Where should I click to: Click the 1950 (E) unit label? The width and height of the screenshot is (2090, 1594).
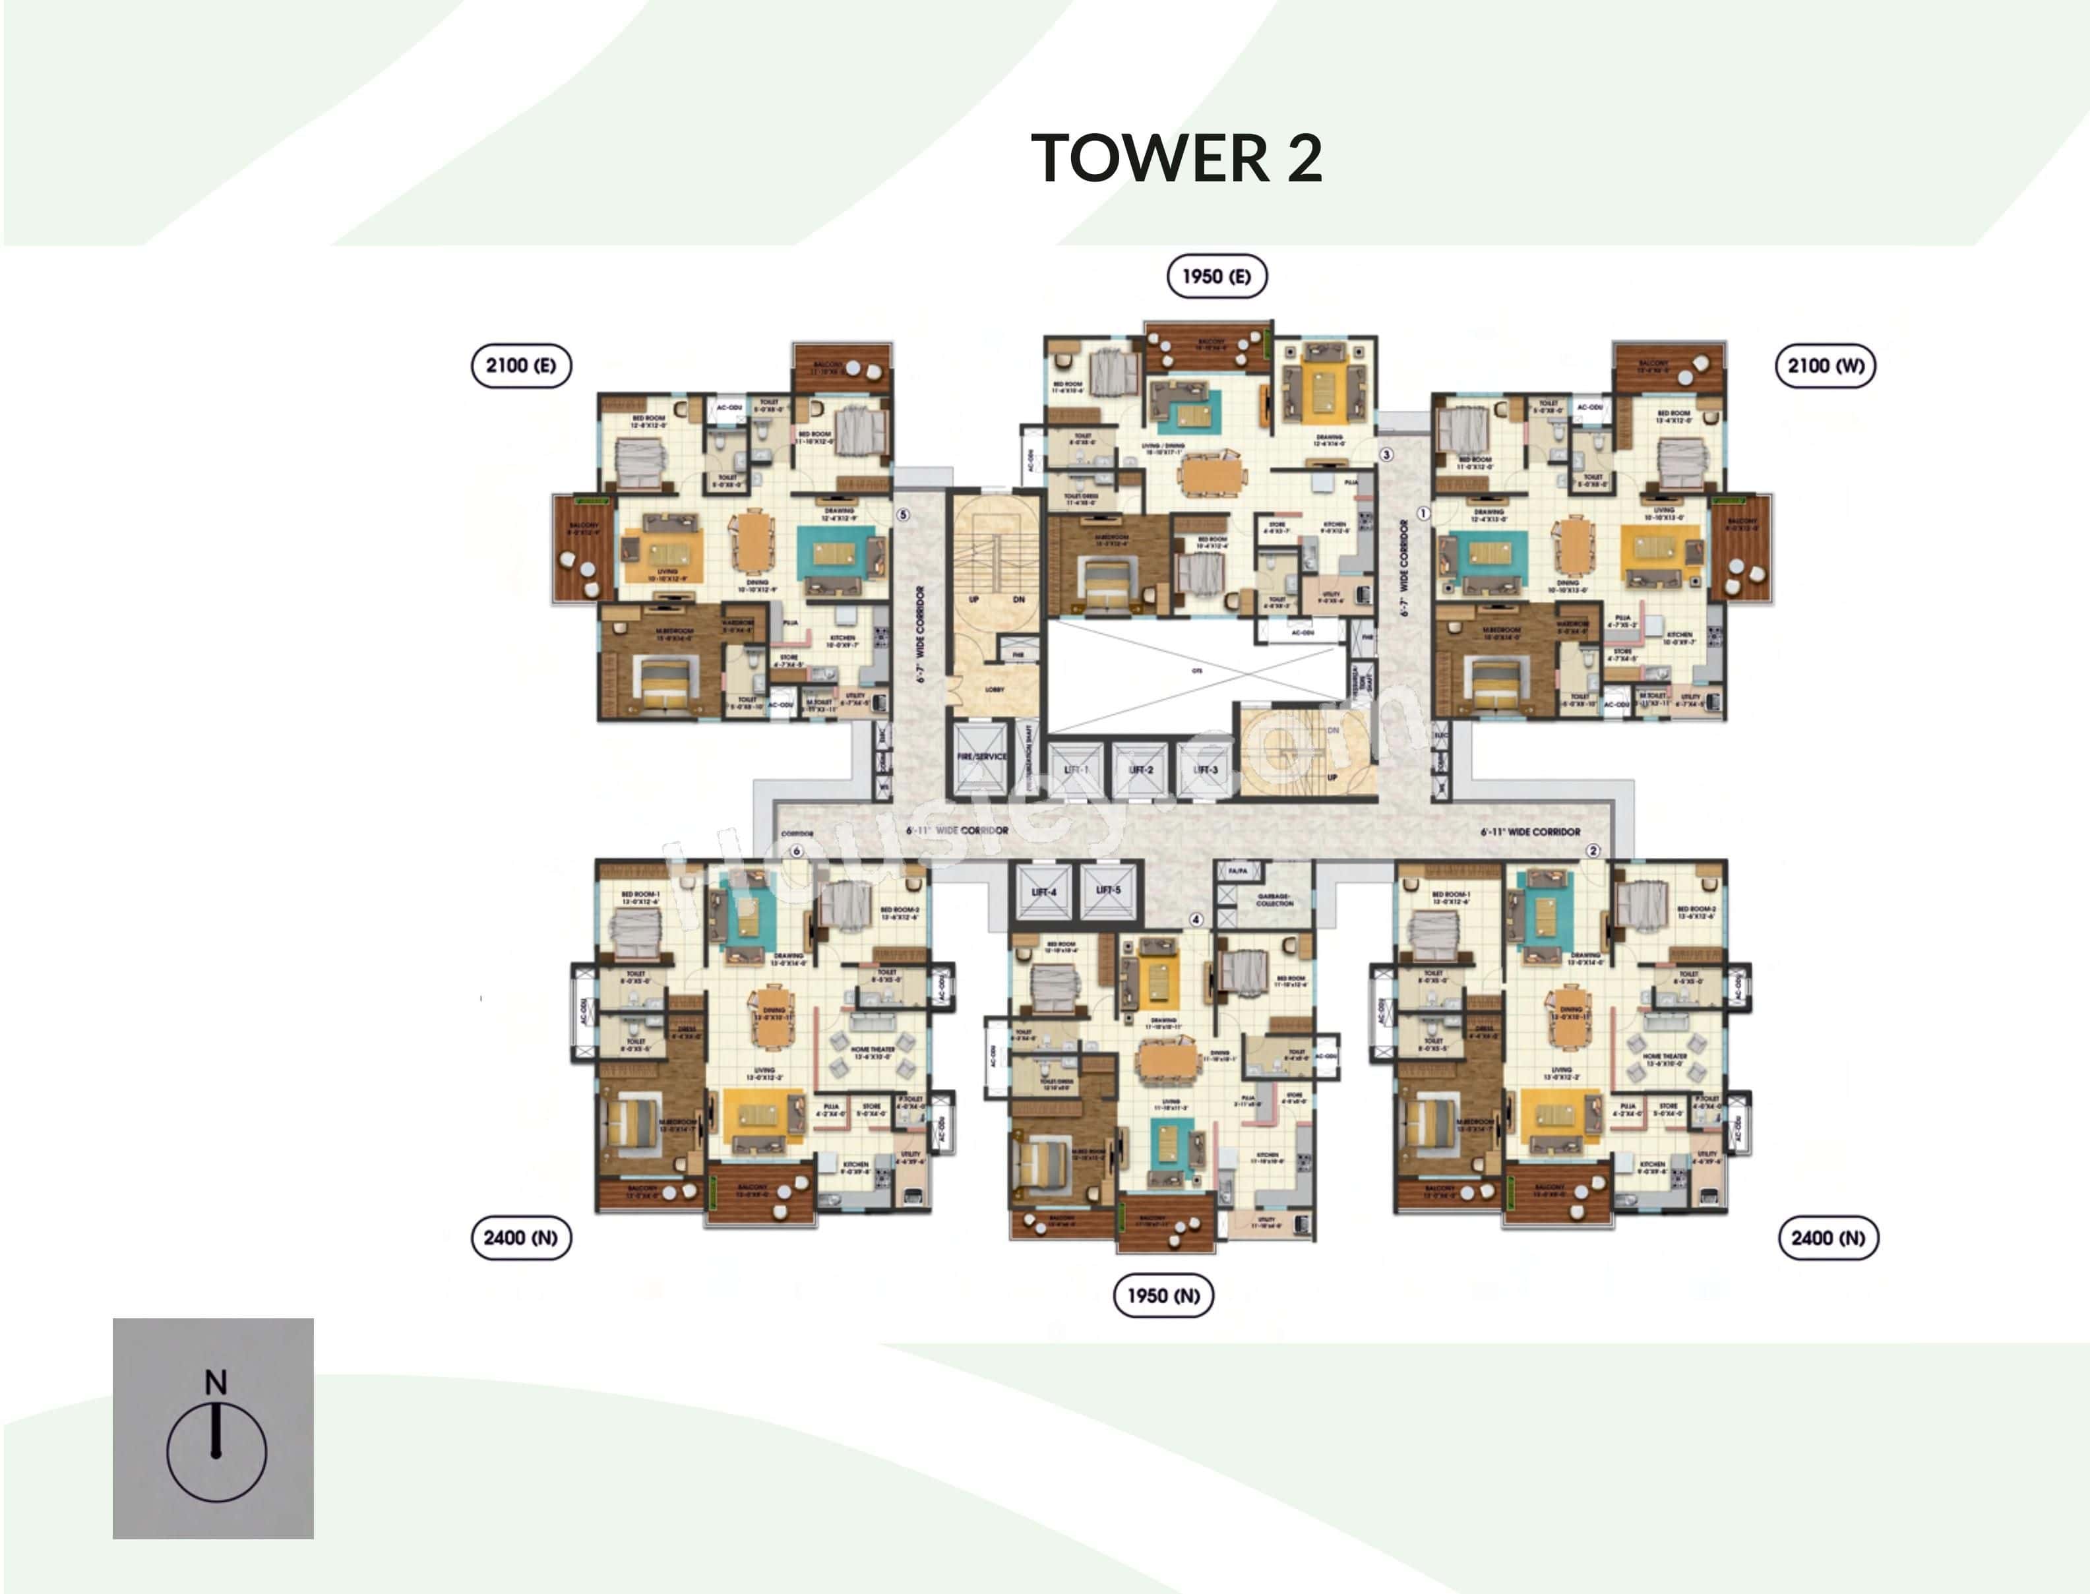[1216, 276]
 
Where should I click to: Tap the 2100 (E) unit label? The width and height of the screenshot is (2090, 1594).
[521, 365]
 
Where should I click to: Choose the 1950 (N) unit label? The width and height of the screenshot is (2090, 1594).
[1163, 1295]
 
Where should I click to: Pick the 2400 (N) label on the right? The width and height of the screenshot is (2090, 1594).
[1828, 1237]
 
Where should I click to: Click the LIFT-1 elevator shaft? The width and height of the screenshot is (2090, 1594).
[1076, 770]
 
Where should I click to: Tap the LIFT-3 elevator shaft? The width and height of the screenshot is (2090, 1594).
[1205, 770]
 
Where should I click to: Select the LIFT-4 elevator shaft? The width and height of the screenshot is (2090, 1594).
[1043, 891]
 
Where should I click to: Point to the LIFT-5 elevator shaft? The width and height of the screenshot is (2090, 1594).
[1108, 890]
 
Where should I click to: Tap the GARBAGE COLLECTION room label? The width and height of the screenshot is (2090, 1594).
[1274, 898]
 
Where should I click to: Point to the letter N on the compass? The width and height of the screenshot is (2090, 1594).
[216, 1382]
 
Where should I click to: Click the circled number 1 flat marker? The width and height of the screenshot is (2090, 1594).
[1423, 513]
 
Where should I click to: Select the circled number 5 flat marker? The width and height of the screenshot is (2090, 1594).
[903, 514]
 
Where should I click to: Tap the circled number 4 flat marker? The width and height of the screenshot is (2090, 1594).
[1196, 919]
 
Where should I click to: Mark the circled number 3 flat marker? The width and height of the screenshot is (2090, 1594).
[1386, 454]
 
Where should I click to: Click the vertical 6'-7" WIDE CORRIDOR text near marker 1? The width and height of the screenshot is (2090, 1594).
[1404, 567]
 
